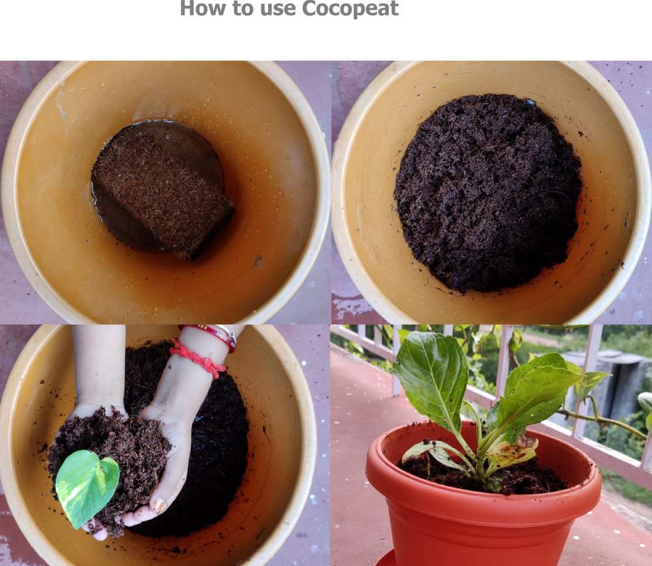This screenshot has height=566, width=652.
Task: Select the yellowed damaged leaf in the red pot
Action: point(512,451)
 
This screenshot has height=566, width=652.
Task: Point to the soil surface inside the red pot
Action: point(482,474)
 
